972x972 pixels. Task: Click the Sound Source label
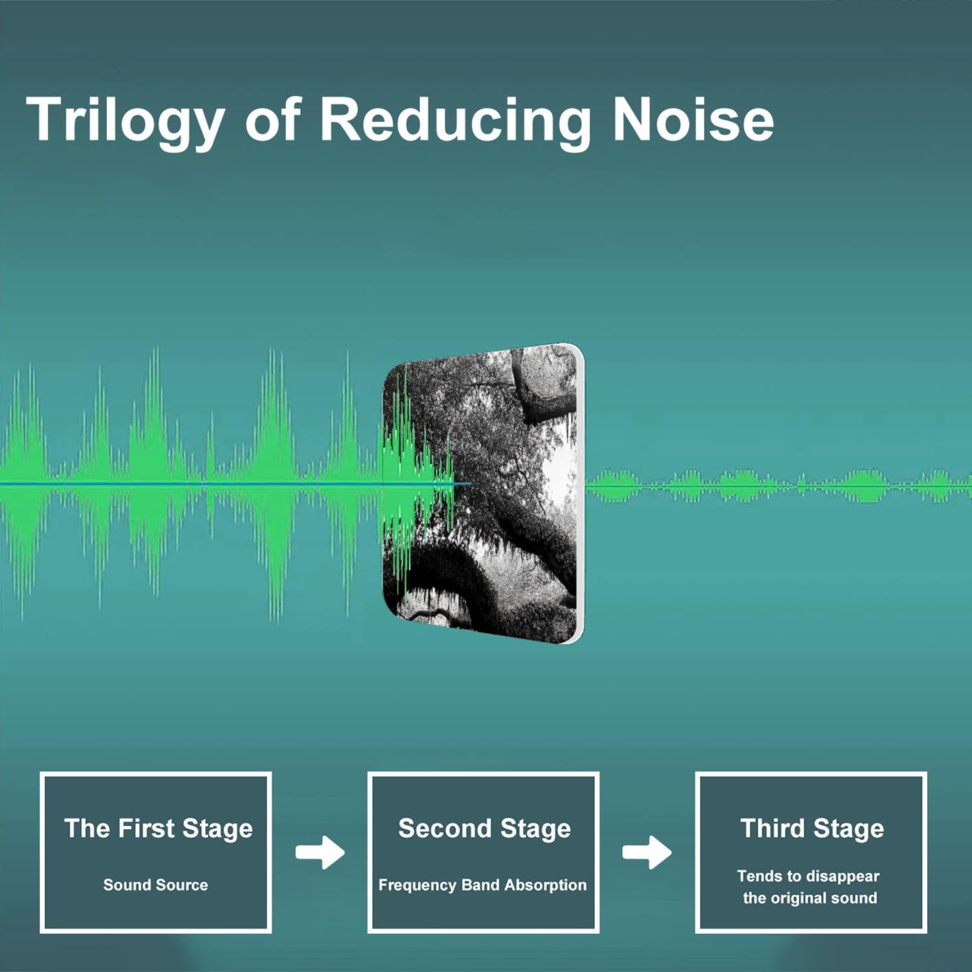click(156, 885)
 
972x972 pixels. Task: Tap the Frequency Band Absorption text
click(482, 885)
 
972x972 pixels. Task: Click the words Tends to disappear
click(808, 877)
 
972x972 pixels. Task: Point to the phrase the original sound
click(810, 898)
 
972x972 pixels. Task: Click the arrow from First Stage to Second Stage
click(320, 852)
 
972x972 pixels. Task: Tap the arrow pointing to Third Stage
click(647, 852)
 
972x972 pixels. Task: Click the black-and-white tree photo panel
click(483, 494)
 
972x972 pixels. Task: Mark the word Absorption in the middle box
click(545, 886)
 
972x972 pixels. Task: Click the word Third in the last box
click(773, 828)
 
